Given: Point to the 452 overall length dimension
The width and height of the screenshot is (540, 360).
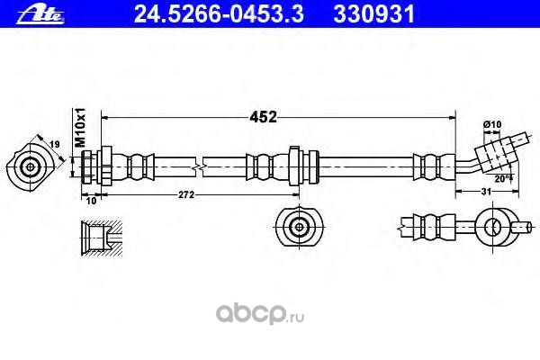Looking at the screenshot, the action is pyautogui.click(x=263, y=116).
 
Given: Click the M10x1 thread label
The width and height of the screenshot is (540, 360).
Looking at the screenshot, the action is pyautogui.click(x=79, y=127).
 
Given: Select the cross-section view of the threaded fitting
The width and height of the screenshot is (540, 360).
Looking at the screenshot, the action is pyautogui.click(x=100, y=239).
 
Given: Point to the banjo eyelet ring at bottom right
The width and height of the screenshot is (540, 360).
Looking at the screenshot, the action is pyautogui.click(x=493, y=225).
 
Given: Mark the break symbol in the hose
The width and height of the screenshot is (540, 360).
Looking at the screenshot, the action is pyautogui.click(x=205, y=166).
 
